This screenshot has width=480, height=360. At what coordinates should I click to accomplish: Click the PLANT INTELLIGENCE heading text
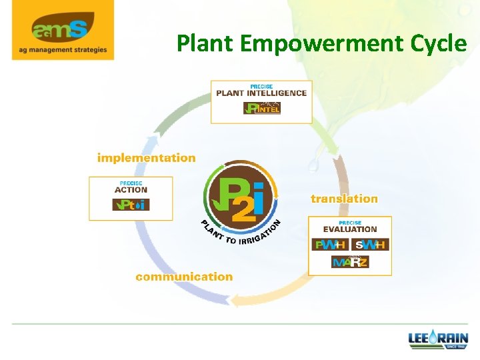click(261, 93)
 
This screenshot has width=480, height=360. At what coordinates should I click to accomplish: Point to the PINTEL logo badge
click(261, 108)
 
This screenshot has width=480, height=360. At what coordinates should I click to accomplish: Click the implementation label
click(146, 158)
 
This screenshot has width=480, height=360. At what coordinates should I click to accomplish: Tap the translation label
click(344, 199)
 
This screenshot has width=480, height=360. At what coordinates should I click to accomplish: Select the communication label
click(184, 277)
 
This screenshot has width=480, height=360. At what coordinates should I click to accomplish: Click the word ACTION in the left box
click(131, 190)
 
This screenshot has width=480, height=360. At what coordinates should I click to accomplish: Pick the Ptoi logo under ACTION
click(131, 205)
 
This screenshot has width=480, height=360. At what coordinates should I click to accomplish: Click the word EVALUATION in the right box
click(350, 229)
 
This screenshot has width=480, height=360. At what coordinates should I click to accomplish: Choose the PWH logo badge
click(330, 245)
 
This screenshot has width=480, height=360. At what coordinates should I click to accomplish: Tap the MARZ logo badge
click(350, 262)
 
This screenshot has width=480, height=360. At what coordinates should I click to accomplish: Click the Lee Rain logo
click(438, 340)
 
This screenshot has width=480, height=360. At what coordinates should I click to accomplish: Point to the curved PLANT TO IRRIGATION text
click(240, 235)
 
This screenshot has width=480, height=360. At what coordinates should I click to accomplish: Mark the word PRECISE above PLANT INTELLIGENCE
click(261, 86)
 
